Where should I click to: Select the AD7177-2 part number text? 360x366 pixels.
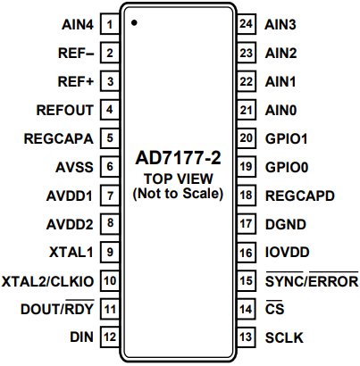179,160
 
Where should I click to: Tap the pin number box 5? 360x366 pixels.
110,138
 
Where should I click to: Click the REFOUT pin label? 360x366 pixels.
65,110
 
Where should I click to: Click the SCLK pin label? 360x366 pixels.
284,337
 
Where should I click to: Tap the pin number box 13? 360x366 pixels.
247,337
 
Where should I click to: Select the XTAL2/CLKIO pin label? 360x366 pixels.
49,280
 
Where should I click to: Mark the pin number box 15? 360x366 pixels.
247,281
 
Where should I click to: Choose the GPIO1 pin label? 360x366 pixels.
287,138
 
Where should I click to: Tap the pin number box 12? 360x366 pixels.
110,337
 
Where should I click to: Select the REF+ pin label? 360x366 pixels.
76,81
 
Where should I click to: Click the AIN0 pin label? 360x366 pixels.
281,110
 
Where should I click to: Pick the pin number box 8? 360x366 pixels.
110,224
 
